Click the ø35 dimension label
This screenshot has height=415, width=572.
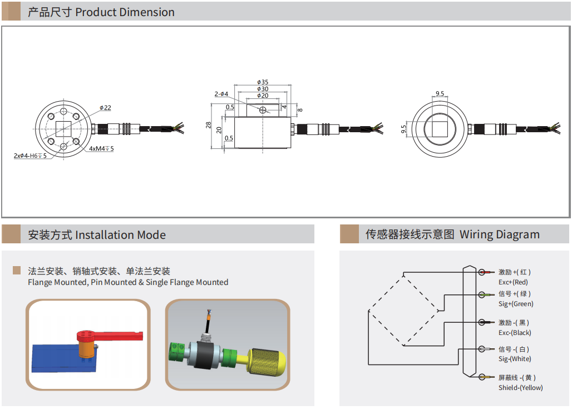(263, 82)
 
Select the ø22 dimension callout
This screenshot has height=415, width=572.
(106, 108)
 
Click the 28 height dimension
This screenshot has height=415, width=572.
(209, 125)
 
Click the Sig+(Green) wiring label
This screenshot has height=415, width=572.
(516, 304)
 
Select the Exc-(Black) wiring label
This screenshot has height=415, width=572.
(515, 333)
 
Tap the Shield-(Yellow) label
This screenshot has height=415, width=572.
(520, 388)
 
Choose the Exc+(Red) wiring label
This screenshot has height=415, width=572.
(513, 282)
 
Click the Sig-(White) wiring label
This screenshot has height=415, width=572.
(515, 359)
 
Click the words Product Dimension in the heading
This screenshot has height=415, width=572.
(125, 12)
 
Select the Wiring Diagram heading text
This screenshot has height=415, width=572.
(499, 234)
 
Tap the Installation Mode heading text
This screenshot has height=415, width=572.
(120, 235)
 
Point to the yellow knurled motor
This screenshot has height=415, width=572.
(268, 362)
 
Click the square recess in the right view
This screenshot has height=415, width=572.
(440, 129)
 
